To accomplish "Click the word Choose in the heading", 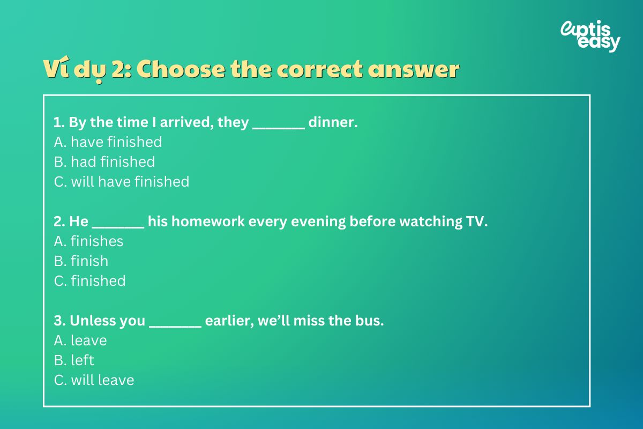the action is (x=181, y=69).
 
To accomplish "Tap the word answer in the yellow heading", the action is (x=414, y=70).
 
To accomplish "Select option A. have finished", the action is (x=108, y=142).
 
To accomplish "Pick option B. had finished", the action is (x=104, y=161).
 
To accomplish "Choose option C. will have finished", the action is (x=122, y=182).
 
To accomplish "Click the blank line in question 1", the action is (x=279, y=129).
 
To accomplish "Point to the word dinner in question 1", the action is (x=333, y=122).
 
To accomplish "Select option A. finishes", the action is (x=88, y=241).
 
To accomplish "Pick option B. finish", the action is (x=81, y=261).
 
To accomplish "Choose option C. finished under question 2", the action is (x=89, y=281).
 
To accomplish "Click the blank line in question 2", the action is (x=118, y=228).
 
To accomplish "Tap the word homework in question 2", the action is (x=208, y=221).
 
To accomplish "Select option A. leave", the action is (x=80, y=341).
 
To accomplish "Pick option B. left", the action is (x=74, y=360).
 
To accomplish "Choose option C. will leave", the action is (x=94, y=380).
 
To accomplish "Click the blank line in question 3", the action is (x=175, y=327).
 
